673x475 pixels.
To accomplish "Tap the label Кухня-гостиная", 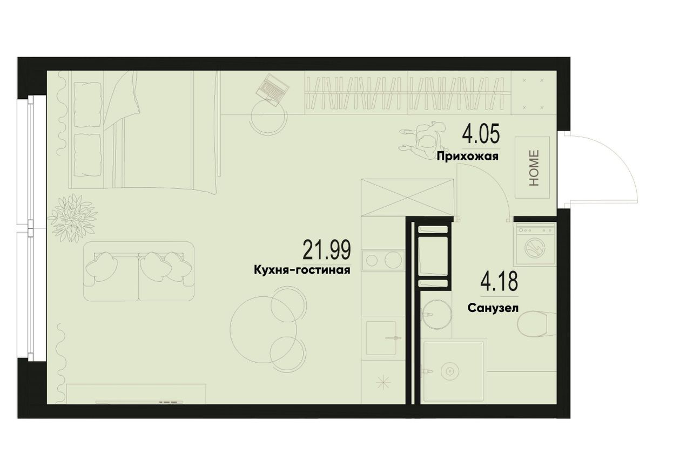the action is tap(302, 270).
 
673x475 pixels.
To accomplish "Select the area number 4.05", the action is tap(481, 134).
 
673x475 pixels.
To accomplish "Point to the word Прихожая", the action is tap(468, 157).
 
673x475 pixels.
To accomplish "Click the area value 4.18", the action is tap(499, 281).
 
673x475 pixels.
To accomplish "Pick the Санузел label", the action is tap(493, 308).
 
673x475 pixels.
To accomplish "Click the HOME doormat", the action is tap(533, 167).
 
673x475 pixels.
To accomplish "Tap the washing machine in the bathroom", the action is tap(535, 245).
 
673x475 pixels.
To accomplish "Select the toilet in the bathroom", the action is tap(537, 324).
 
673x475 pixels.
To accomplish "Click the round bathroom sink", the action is tap(436, 315).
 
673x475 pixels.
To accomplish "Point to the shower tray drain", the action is tap(449, 371).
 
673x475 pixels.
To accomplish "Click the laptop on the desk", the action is tap(273, 90).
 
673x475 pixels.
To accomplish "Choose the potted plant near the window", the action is tap(73, 218).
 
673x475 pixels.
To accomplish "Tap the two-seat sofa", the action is tap(138, 272).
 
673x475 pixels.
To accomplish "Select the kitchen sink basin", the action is tap(381, 338).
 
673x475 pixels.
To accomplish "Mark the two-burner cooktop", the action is tap(383, 259).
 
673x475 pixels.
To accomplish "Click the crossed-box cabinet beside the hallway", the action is tap(407, 197).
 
